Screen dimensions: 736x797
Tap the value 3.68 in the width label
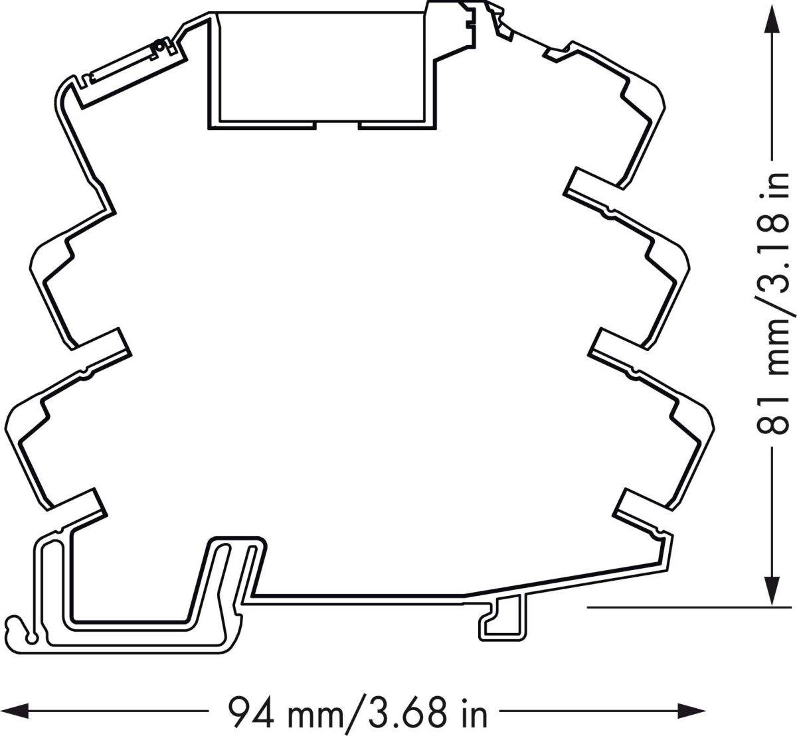[x=405, y=711]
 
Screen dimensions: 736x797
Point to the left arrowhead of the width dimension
[x=15, y=711]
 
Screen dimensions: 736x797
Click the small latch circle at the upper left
[x=159, y=46]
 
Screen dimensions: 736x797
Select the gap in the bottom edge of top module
[x=337, y=124]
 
